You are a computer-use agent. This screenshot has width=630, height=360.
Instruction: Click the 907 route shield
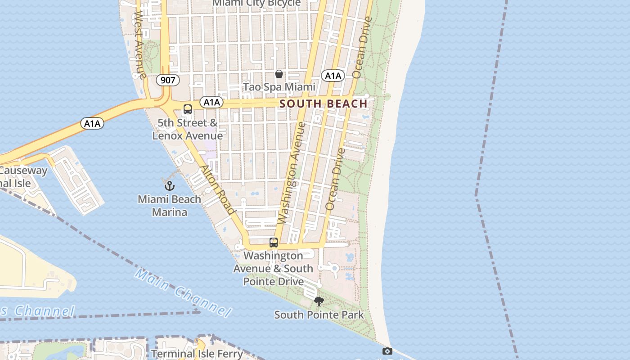[x=168, y=81]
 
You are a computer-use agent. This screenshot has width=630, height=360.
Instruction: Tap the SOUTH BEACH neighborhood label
[x=324, y=104]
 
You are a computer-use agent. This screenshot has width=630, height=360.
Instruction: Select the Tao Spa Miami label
[x=279, y=87]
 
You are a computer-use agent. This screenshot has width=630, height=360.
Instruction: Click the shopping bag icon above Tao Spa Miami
[x=279, y=74]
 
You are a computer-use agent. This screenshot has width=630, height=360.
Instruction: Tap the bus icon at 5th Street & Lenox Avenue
[x=188, y=109]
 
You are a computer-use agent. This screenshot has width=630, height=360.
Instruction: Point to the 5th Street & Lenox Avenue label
[x=188, y=129]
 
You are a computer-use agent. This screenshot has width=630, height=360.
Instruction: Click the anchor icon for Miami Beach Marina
[x=169, y=185]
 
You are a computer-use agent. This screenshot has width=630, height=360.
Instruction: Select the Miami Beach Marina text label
[x=169, y=205]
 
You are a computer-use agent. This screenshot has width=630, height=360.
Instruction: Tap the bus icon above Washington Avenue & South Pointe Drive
[x=274, y=243]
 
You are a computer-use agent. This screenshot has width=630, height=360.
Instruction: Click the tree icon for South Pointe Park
[x=319, y=301]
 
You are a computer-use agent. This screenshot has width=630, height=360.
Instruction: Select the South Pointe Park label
[x=319, y=315]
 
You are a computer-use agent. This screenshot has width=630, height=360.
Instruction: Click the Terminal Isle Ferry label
[x=197, y=354]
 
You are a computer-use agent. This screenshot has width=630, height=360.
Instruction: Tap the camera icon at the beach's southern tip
[x=387, y=351]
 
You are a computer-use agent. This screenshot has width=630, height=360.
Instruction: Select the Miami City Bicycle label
[x=256, y=4]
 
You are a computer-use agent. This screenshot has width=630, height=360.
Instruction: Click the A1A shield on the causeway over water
[x=92, y=123]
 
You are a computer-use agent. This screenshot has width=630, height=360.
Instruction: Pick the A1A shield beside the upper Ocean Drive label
[x=333, y=76]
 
